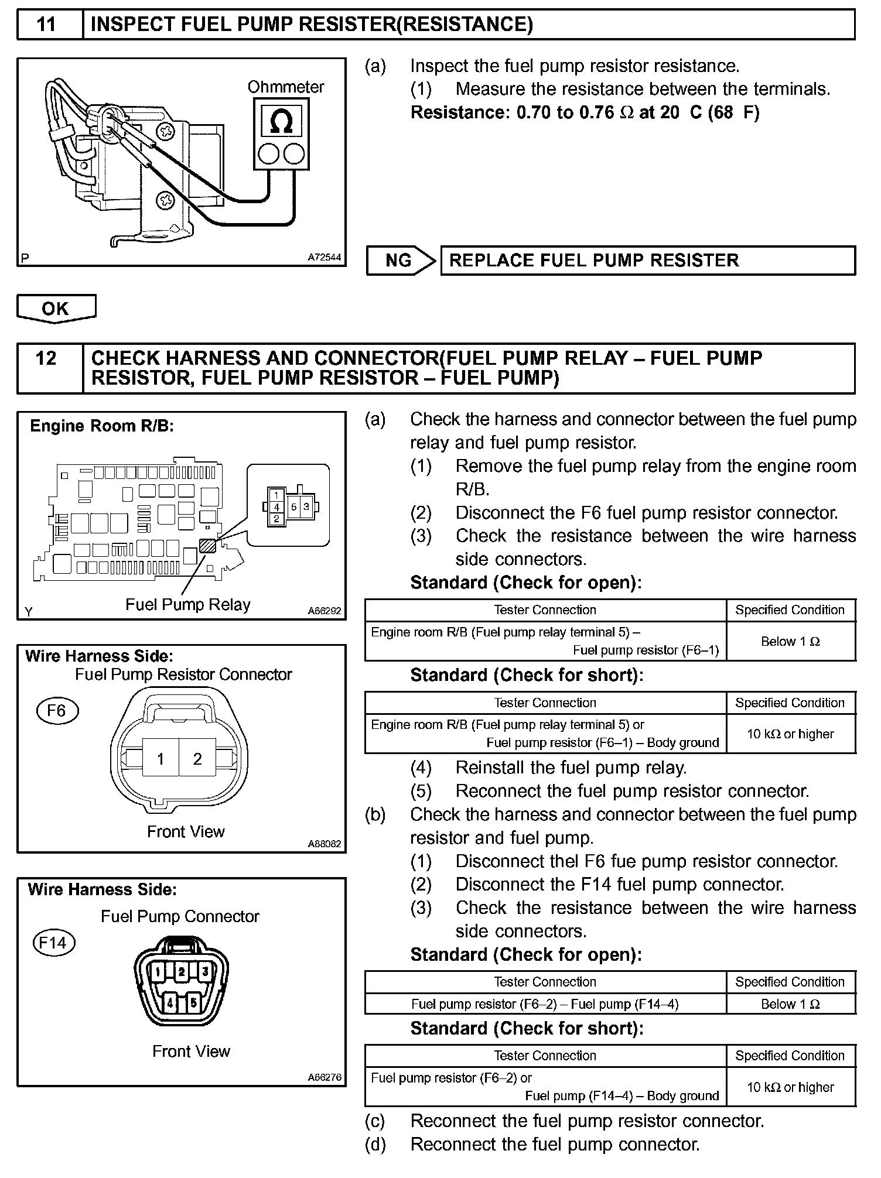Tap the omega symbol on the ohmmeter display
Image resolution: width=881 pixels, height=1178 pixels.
pos(282,121)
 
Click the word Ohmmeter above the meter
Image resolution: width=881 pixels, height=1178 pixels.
pos(285,87)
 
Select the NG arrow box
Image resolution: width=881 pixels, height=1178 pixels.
pos(401,261)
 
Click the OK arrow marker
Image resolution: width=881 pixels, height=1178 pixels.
pos(56,309)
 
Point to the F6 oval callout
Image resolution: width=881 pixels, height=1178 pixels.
pos(57,711)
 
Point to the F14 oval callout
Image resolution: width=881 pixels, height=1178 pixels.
pos(53,943)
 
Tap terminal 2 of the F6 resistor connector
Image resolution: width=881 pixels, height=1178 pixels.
pos(197,759)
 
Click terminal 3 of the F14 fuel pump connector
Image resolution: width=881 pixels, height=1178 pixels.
pos(205,972)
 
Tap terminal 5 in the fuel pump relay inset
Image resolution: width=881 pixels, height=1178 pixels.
pos(294,507)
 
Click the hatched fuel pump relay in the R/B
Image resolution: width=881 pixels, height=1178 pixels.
pos(208,546)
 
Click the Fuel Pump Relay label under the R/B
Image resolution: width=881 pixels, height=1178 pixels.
pos(188,605)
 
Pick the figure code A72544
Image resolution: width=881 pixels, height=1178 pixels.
pos(324,258)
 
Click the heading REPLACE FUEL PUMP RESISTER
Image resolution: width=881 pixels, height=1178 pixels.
pos(594,261)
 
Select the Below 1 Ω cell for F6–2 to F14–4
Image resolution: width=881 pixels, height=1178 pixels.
pos(790,1005)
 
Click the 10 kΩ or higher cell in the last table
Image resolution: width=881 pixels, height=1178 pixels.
pos(790,1088)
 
